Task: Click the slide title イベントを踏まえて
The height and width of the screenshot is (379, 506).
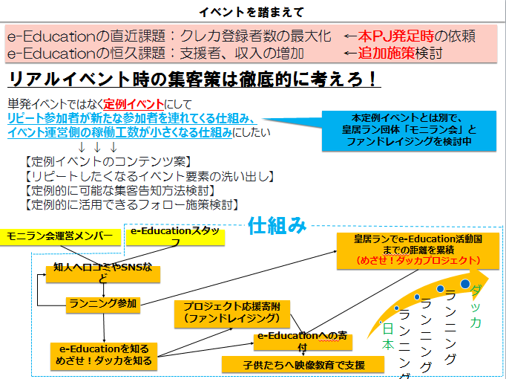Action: tap(252, 11)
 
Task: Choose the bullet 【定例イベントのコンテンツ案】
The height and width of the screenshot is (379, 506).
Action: tap(97, 161)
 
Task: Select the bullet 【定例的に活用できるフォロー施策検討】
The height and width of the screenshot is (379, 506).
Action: tap(131, 204)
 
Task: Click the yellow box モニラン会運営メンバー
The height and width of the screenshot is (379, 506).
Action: tap(60, 237)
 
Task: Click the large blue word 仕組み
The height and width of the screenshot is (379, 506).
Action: tap(277, 225)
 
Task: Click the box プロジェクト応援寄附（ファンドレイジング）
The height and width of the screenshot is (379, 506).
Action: tap(222, 312)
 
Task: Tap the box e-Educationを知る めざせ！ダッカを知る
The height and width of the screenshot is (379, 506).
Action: tap(104, 354)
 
